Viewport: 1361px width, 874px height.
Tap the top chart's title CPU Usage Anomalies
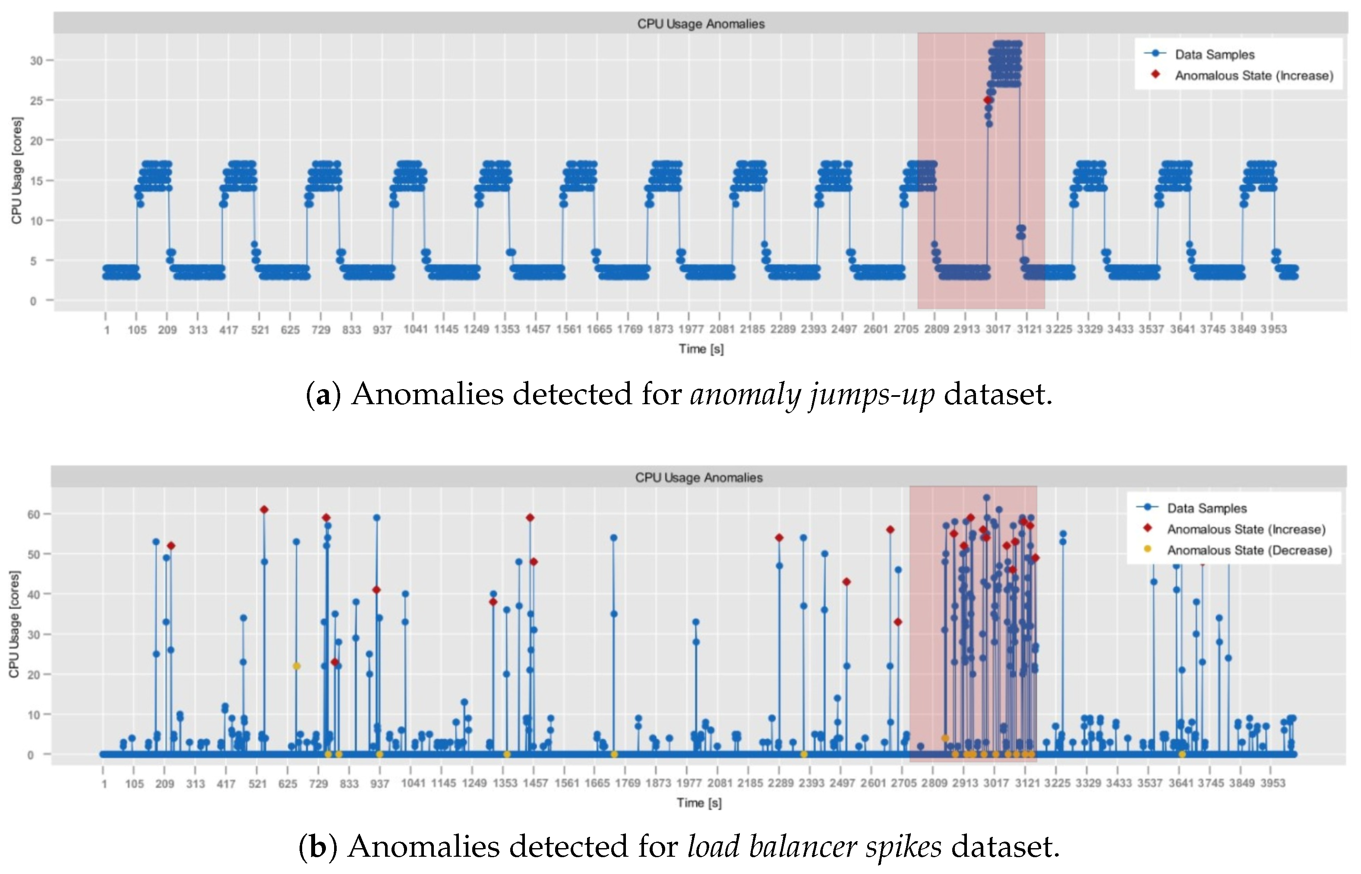coord(701,24)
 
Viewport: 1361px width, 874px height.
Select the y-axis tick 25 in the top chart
coord(36,101)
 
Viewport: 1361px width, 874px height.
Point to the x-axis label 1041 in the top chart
coord(416,329)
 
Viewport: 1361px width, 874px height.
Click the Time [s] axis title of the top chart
coord(701,349)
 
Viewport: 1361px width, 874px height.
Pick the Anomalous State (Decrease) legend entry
coord(1249,550)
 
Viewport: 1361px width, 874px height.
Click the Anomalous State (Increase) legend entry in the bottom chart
coord(1246,529)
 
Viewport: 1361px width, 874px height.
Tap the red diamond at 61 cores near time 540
coord(264,509)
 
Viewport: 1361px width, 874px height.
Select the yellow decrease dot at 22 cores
coord(297,666)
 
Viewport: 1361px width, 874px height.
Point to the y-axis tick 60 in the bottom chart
coord(34,514)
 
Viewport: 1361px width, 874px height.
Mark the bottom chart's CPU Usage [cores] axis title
coord(14,624)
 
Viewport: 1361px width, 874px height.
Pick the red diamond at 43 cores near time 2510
coord(846,582)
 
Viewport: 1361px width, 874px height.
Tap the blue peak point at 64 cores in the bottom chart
coord(987,498)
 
